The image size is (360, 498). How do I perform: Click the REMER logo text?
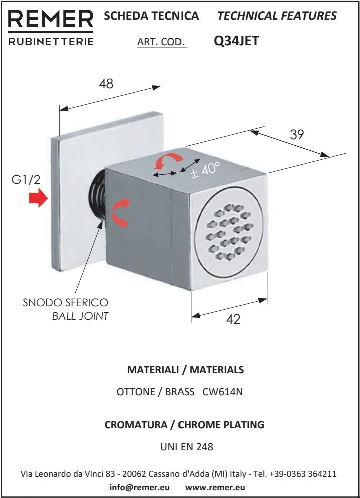tap(51, 19)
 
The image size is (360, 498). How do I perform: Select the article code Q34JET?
tap(236, 41)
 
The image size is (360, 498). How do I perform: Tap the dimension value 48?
tap(106, 84)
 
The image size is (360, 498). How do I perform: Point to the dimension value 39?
tap(297, 134)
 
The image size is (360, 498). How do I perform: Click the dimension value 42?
tap(233, 319)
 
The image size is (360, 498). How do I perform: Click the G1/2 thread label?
tap(26, 180)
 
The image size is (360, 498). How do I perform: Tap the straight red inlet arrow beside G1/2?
tap(38, 199)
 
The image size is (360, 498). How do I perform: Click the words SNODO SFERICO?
tap(66, 302)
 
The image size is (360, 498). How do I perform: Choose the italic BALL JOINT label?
tap(80, 316)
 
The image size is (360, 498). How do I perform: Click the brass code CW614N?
tap(223, 392)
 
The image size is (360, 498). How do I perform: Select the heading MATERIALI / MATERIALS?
tap(186, 370)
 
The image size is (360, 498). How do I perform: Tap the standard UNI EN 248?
tap(187, 447)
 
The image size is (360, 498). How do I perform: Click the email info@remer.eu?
tap(140, 487)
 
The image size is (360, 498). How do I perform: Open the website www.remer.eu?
tap(215, 487)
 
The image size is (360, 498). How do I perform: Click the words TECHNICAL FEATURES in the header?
tap(277, 15)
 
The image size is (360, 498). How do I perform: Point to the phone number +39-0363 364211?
tap(303, 474)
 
